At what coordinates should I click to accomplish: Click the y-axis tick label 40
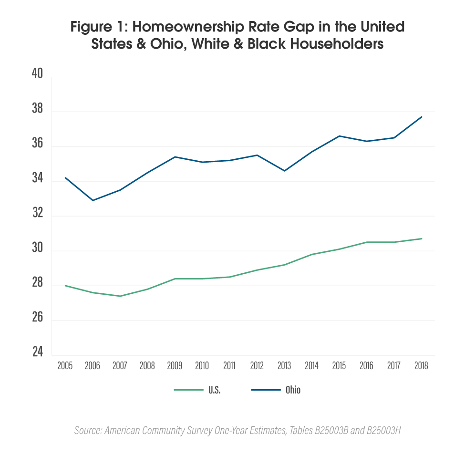coord(37,75)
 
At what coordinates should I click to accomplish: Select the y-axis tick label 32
coord(37,214)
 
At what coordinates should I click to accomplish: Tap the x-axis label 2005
coord(65,366)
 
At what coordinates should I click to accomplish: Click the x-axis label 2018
coord(422,366)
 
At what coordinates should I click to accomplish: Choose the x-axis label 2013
coord(285,366)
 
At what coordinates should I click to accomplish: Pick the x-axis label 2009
coord(175,366)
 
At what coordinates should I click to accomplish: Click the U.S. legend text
coord(214,390)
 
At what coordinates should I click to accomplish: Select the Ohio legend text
coord(293,390)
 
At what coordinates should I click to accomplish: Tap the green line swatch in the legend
coord(188,390)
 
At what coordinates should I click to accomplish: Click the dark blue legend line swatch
coord(266,390)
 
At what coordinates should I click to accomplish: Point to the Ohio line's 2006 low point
coord(93,200)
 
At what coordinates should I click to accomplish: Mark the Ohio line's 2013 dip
coord(285,171)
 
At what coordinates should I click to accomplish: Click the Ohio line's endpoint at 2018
coord(422,117)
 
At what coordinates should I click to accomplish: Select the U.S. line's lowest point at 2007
coord(120,296)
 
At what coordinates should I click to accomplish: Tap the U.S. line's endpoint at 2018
coord(422,238)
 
